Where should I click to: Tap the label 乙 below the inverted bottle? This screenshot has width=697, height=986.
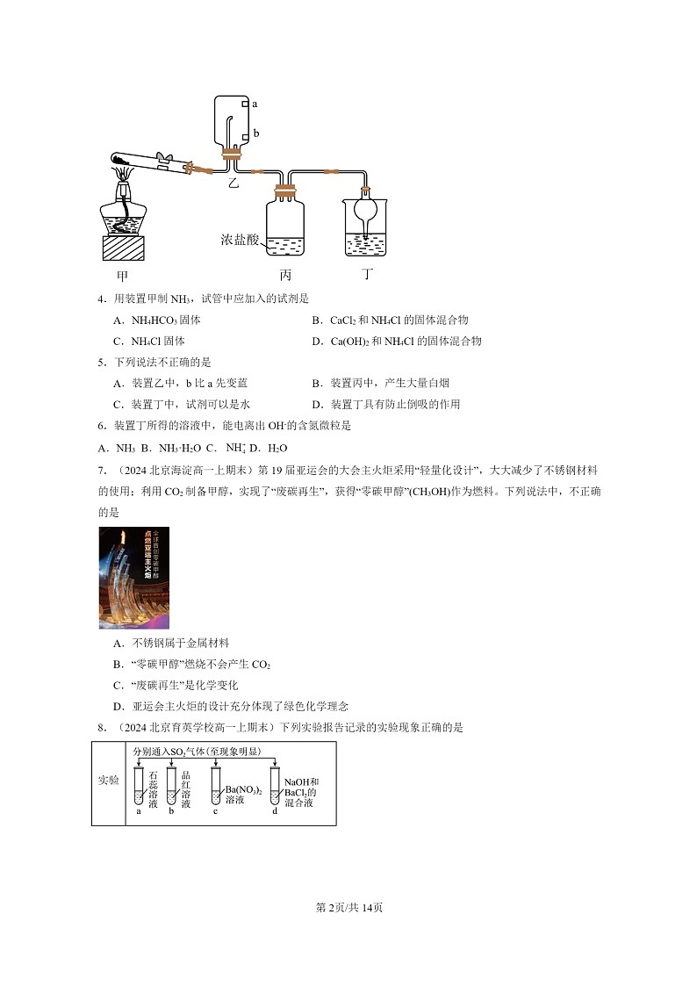pos(233,183)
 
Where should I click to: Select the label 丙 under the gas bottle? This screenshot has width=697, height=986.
pos(285,274)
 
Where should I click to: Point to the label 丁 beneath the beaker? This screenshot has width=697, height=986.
pos(368,274)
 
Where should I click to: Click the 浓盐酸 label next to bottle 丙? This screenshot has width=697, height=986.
pos(240,240)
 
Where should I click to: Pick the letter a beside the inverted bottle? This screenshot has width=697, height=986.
pos(255,104)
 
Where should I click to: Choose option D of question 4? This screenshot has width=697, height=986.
pos(397,341)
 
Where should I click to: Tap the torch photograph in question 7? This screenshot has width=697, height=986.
pos(133,578)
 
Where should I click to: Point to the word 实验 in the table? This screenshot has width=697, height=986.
pos(108,780)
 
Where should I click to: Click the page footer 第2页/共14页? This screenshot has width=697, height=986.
pos(348,907)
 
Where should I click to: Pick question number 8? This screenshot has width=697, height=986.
pos(101,727)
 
